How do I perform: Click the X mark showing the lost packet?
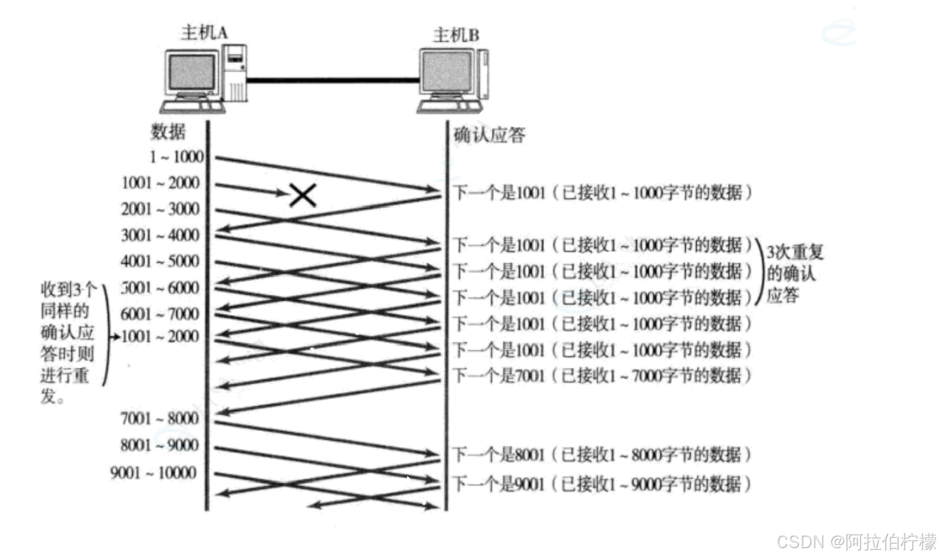coord(303,195)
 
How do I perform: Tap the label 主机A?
coord(204,32)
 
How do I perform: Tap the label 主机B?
coord(456,34)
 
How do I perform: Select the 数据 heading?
coord(168,132)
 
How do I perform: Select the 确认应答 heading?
coord(489,135)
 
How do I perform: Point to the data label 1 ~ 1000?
coord(176,157)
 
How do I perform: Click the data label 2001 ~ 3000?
coord(160,209)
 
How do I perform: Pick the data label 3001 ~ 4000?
coord(160,235)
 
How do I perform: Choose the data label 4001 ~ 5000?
coord(160,261)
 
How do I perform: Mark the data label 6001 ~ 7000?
coord(160,314)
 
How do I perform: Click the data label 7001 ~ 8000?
coord(160,418)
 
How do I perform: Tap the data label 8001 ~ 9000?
coord(160,445)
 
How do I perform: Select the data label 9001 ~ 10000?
coord(154,472)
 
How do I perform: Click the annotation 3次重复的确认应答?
coord(793,273)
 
